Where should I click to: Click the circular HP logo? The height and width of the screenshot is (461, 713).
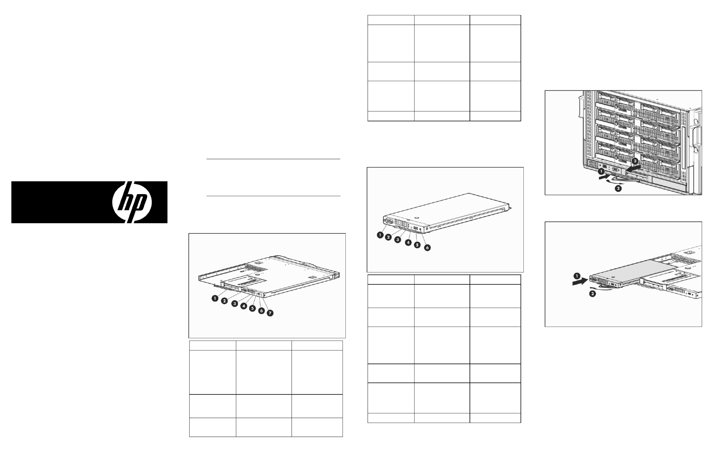pyautogui.click(x=132, y=202)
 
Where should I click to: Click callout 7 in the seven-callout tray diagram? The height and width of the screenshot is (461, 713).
pyautogui.click(x=270, y=313)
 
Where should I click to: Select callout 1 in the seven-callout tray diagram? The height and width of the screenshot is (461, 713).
pyautogui.click(x=215, y=298)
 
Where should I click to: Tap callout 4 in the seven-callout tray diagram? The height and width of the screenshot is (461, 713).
pyautogui.click(x=244, y=306)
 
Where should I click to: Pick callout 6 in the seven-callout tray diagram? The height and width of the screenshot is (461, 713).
pyautogui.click(x=261, y=311)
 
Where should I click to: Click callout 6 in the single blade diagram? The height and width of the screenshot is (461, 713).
pyautogui.click(x=427, y=248)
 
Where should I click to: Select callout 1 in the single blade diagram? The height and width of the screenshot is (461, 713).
pyautogui.click(x=380, y=235)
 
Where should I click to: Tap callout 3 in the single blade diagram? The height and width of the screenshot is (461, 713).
pyautogui.click(x=398, y=240)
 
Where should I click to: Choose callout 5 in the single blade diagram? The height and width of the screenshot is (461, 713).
pyautogui.click(x=417, y=245)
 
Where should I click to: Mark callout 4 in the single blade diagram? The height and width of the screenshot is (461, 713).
pyautogui.click(x=408, y=243)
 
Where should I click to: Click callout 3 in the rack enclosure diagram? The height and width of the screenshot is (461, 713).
pyautogui.click(x=635, y=161)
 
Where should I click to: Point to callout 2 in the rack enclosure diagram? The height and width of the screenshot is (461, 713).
pyautogui.click(x=618, y=189)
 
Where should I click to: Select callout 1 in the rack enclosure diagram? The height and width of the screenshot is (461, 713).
pyautogui.click(x=601, y=172)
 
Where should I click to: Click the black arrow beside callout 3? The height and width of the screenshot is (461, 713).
pyautogui.click(x=634, y=167)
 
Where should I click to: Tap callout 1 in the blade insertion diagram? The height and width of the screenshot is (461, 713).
pyautogui.click(x=577, y=276)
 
